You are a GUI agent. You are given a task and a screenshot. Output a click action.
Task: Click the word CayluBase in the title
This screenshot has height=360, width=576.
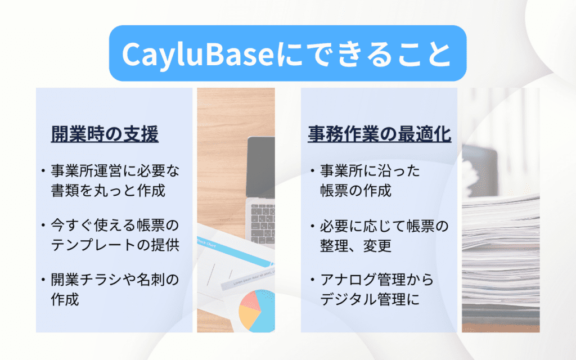pyautogui.click(x=197, y=55)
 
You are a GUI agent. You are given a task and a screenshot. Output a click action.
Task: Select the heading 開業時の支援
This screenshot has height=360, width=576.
pyautogui.click(x=105, y=134)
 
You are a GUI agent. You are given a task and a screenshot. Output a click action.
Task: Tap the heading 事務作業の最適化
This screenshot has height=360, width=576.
pyautogui.click(x=380, y=134)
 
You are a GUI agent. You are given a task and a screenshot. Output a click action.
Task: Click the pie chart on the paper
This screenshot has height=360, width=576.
pyautogui.click(x=256, y=310)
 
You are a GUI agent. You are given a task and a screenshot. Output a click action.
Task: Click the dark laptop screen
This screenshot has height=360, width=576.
pyautogui.click(x=261, y=166)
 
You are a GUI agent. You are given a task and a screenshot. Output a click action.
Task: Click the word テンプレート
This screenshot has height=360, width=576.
pyautogui.click(x=93, y=245)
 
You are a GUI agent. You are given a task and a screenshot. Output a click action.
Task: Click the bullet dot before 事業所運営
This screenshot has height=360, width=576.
pyautogui.click(x=43, y=171)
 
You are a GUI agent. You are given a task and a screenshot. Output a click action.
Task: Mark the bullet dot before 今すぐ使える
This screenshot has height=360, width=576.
pyautogui.click(x=43, y=225)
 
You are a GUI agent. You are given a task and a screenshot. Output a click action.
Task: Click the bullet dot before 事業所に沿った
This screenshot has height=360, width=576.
pyautogui.click(x=313, y=171)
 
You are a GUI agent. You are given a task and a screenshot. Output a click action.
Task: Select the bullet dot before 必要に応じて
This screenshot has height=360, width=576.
pyautogui.click(x=313, y=226)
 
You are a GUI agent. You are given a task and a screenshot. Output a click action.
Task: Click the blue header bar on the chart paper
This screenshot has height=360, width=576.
pyautogui.click(x=236, y=250)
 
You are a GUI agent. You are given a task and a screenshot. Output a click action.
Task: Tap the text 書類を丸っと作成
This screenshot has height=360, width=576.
pyautogui.click(x=108, y=191)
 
